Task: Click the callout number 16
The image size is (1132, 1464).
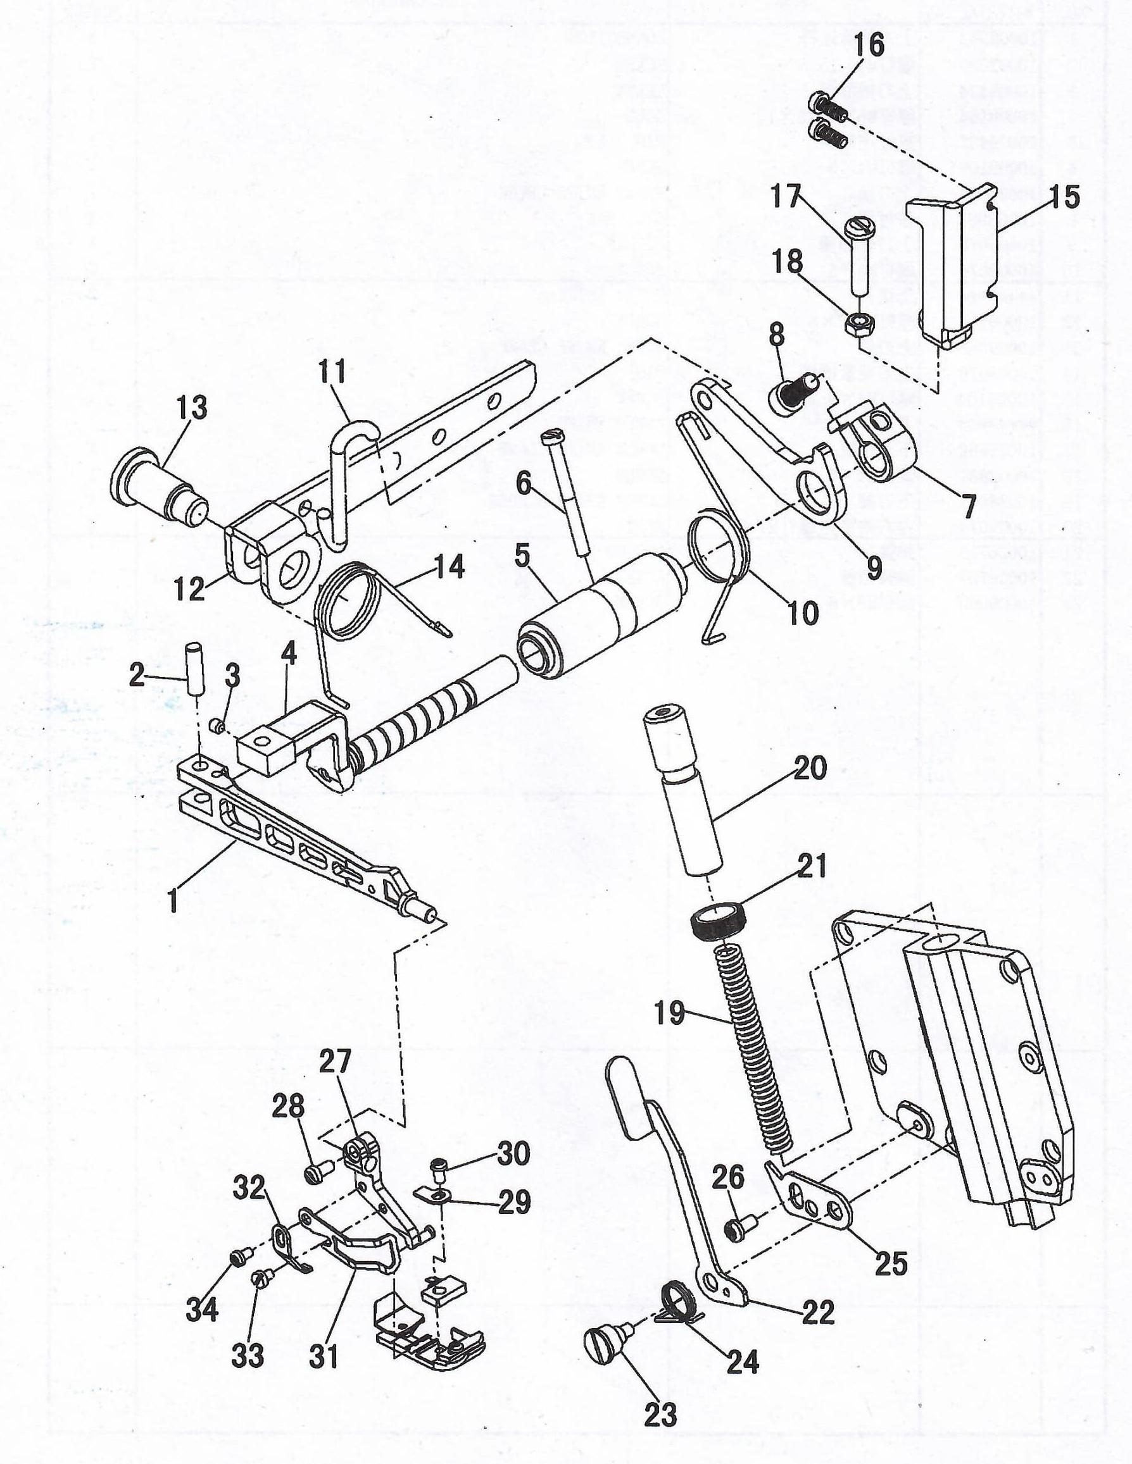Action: (869, 46)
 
